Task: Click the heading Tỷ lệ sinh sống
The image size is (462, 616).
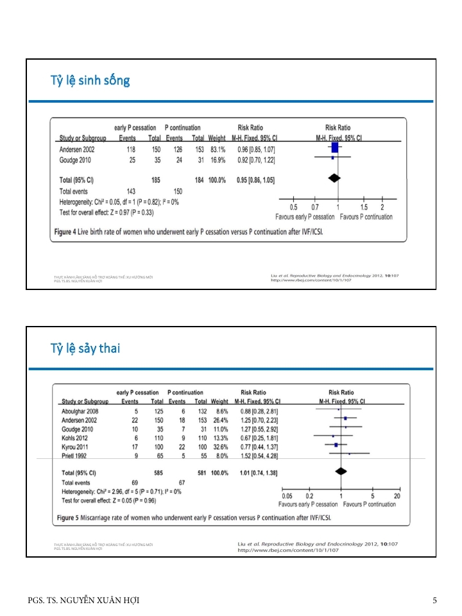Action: tap(90, 80)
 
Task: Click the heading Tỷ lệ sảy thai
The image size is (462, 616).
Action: tap(85, 348)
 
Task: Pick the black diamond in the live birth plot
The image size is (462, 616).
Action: tap(334, 176)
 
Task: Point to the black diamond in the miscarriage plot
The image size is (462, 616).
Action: tap(340, 470)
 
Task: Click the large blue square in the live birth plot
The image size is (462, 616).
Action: tap(334, 148)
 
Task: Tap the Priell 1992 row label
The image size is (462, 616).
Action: tap(75, 454)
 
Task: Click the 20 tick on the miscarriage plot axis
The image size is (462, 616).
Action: tap(397, 496)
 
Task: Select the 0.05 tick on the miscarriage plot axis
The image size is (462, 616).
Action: tap(287, 496)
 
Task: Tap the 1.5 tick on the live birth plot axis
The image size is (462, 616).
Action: tap(364, 207)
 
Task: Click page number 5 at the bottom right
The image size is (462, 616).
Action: tap(434, 601)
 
